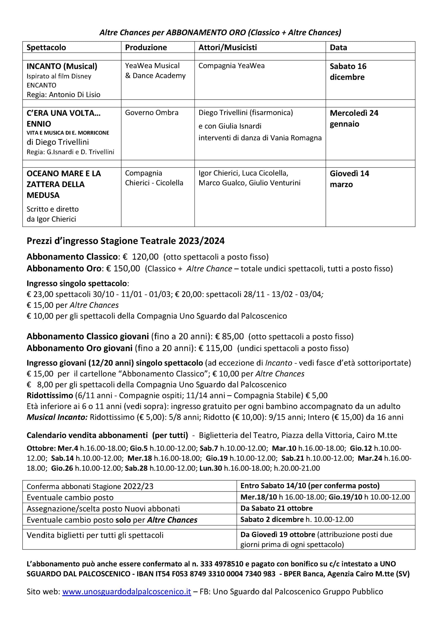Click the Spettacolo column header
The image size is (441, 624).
point(46,47)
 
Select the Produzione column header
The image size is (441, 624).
point(146,47)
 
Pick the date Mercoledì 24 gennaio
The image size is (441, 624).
point(354,118)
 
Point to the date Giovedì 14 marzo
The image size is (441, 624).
point(349,179)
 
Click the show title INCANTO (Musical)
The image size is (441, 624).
point(62,66)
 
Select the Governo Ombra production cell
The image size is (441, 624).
point(152,113)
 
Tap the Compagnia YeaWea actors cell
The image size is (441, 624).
point(231,66)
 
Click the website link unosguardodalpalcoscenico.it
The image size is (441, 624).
point(126,592)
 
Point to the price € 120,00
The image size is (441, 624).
point(141,257)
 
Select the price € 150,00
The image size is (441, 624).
point(123,269)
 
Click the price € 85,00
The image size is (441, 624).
point(229,336)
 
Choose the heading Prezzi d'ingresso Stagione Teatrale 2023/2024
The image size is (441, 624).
point(125,241)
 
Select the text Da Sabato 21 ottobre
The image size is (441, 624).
point(276,508)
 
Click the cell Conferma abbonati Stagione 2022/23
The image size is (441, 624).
point(90,486)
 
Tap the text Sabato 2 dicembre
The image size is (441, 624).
point(272,519)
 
